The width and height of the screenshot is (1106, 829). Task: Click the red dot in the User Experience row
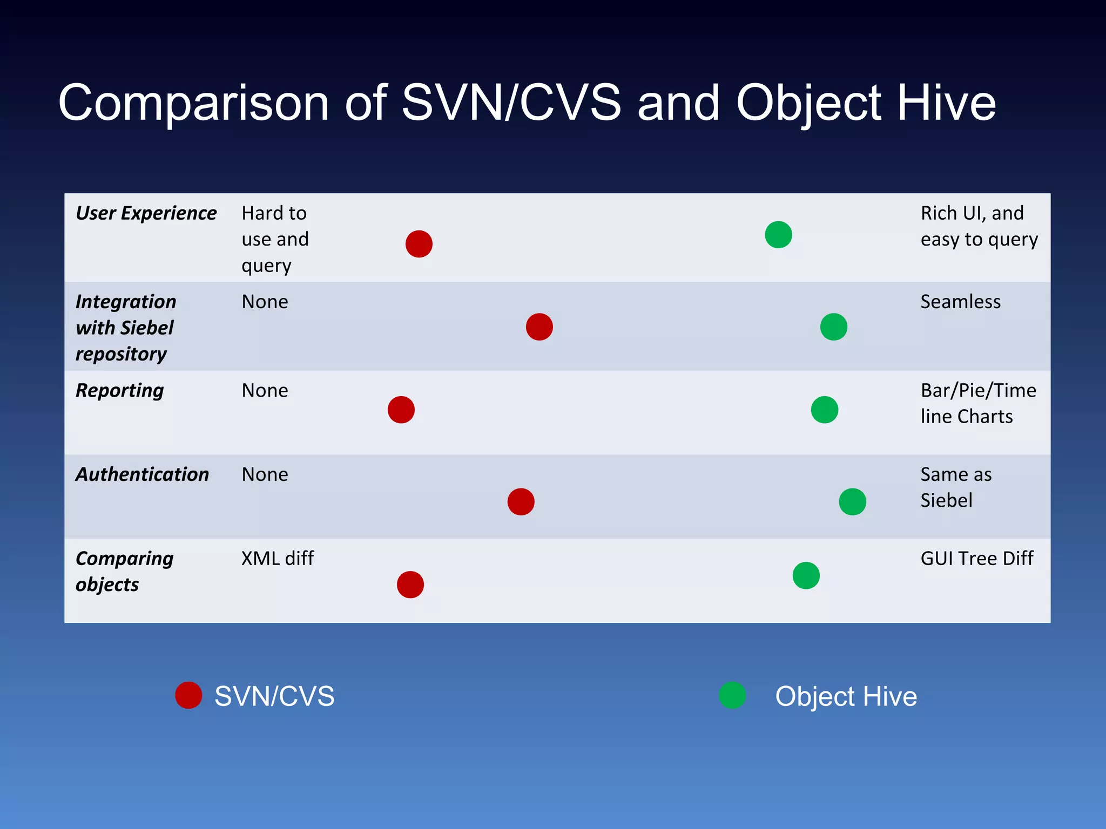pos(419,244)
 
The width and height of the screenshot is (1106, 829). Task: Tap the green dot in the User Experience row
pos(778,235)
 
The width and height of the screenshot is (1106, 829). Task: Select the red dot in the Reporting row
pos(401,410)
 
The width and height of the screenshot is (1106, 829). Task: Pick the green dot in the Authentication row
pos(852,502)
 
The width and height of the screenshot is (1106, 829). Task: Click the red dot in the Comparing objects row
pos(410,585)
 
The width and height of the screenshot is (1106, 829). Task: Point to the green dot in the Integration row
pos(833,327)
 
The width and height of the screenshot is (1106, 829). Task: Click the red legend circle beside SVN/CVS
pos(188,695)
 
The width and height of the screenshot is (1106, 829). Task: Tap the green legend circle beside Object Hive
pos(732,695)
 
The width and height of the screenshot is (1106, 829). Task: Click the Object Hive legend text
pos(846,696)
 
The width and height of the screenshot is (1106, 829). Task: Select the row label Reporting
pos(119,390)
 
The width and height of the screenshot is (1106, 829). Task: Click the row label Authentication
pos(142,474)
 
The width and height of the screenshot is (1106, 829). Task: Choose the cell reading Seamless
pos(960,302)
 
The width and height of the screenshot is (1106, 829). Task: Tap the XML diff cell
pos(278,558)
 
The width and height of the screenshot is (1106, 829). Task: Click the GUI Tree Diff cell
pos(976,558)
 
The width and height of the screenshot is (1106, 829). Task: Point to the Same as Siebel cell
pos(956,487)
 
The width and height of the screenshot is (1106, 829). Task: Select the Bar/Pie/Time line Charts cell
pos(977,403)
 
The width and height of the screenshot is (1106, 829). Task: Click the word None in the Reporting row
pos(265,390)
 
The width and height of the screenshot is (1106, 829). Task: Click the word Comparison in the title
pos(193,104)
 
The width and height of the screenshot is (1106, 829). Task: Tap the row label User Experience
pos(146,213)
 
